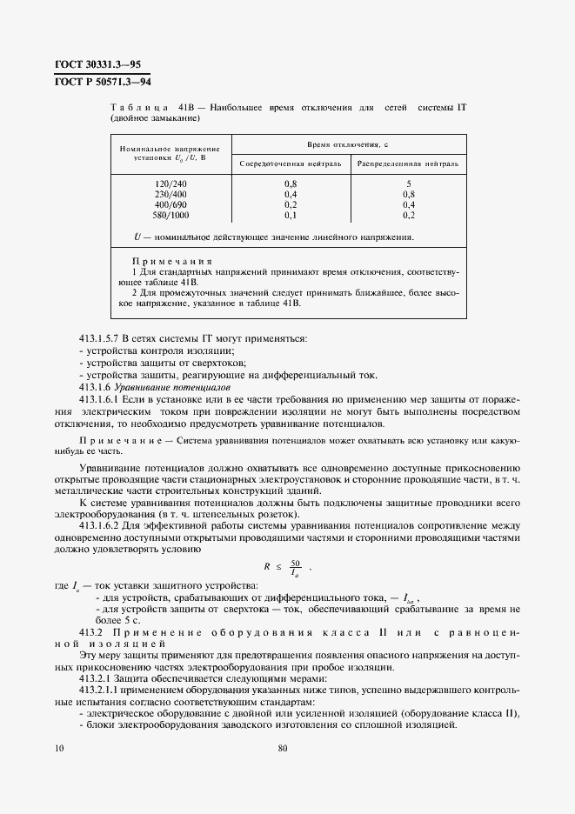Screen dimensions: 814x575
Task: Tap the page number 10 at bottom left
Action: point(58,747)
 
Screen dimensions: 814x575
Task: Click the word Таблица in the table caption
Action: point(137,106)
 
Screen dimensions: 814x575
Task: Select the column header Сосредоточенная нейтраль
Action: point(291,163)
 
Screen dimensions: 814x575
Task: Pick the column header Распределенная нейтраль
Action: point(407,163)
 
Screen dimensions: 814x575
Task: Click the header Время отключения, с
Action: point(348,142)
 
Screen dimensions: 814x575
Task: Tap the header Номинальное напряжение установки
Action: point(170,153)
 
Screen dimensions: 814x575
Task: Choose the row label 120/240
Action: point(170,183)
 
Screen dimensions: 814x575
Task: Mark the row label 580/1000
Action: point(170,214)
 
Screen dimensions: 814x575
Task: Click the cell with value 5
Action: point(408,183)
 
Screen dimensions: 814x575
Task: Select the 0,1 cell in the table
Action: point(291,214)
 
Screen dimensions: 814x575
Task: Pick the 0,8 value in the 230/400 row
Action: point(408,194)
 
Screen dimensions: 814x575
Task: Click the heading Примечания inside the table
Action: point(166,262)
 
